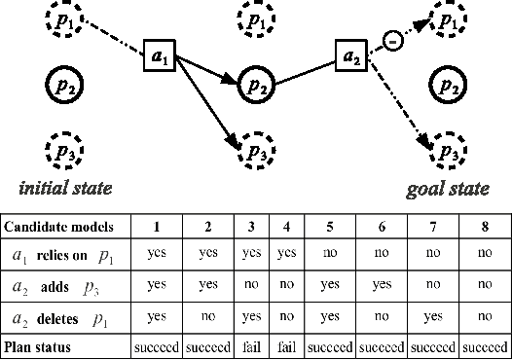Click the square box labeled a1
[x=158, y=57]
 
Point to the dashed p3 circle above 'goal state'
[x=446, y=152]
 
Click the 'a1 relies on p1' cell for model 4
[x=283, y=255]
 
